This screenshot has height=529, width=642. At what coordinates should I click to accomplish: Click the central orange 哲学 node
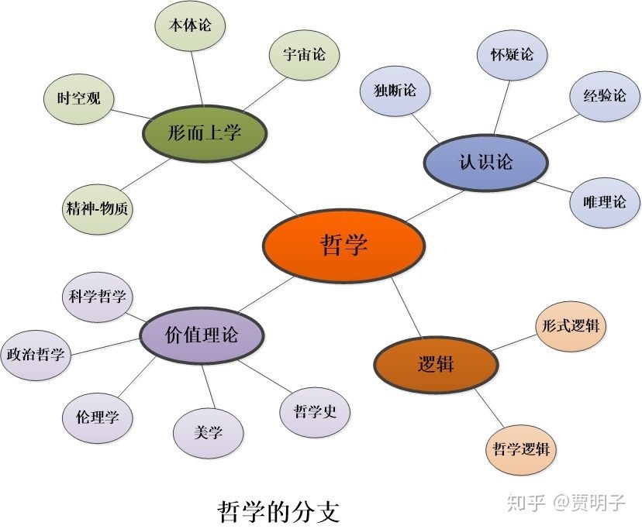[343, 245]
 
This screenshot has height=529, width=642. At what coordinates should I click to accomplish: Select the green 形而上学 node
[205, 132]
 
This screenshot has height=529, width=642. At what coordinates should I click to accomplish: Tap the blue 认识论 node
[486, 162]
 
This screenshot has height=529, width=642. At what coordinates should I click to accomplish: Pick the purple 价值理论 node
[202, 335]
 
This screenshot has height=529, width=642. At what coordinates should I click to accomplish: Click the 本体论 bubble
[189, 25]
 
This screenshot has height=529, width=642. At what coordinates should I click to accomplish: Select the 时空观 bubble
[78, 98]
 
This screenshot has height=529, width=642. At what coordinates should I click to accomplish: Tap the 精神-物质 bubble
[98, 208]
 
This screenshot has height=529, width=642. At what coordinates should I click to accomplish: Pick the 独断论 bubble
[394, 91]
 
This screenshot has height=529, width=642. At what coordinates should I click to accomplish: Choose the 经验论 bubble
[604, 96]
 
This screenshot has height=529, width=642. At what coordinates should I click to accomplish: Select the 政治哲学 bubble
[36, 355]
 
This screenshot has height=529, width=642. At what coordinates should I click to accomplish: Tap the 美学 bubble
[209, 431]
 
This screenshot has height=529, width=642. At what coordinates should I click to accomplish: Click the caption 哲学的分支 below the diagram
[278, 512]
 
